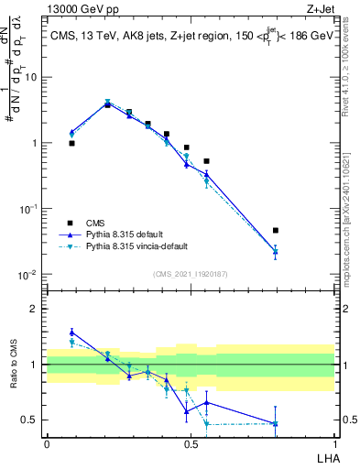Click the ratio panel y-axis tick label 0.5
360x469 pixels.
tap(32, 420)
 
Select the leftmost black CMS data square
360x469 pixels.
tap(72, 144)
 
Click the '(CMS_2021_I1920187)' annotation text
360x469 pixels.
tap(191, 274)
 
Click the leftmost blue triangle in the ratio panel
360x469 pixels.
tap(72, 333)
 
